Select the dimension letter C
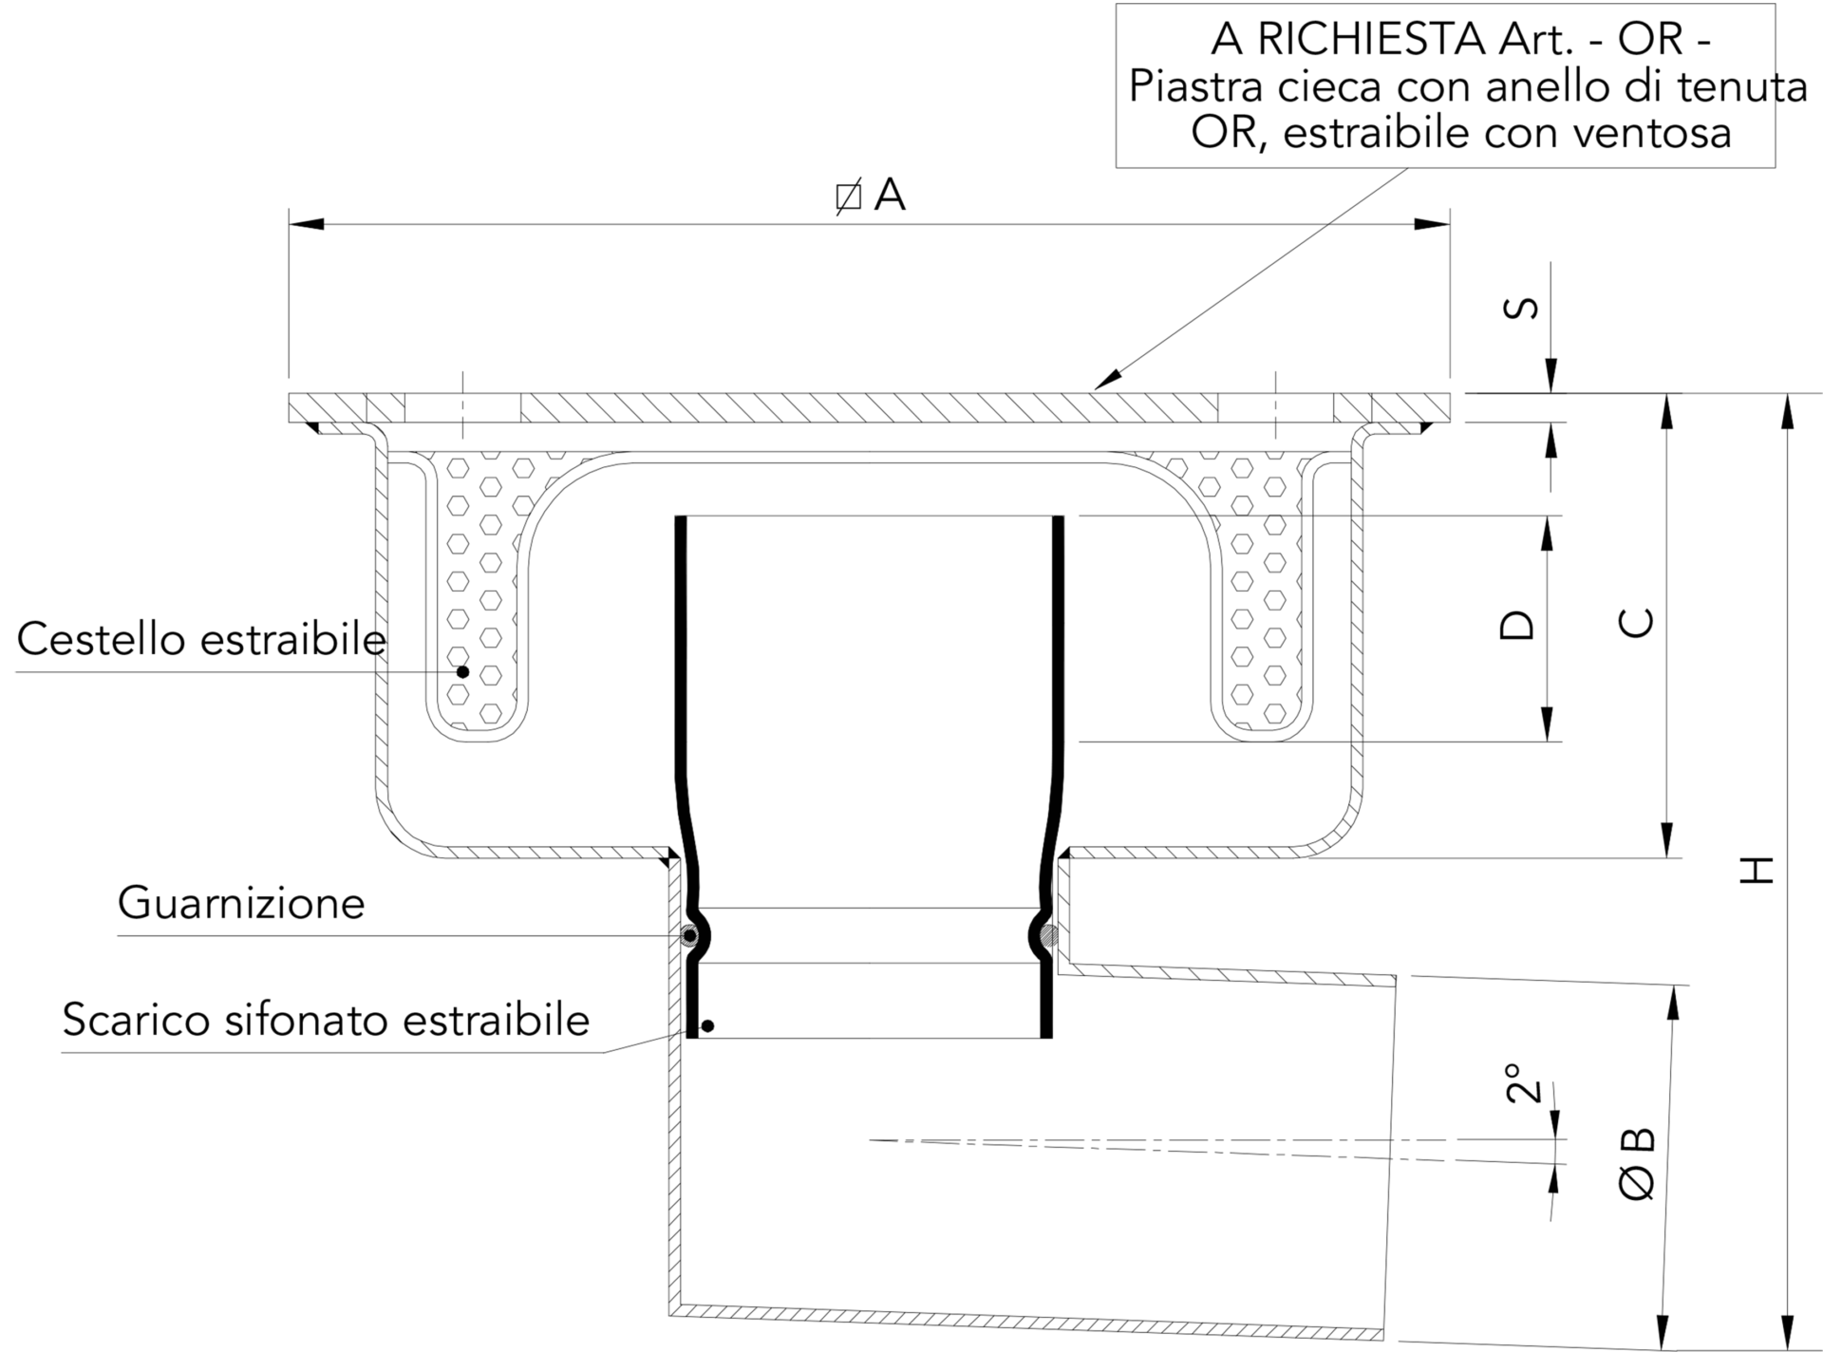pos(1636,623)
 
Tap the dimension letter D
pos(1516,625)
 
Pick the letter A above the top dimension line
pos(890,196)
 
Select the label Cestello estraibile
pos(201,640)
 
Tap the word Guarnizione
pos(241,903)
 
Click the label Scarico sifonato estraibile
pos(326,1020)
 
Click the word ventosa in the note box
pos(1653,133)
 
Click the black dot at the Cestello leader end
pos(463,671)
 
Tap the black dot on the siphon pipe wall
pos(706,1026)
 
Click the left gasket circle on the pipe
pos(690,936)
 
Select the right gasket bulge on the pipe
pos(1047,936)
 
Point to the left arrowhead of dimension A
pos(306,225)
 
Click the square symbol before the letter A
pos(848,197)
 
